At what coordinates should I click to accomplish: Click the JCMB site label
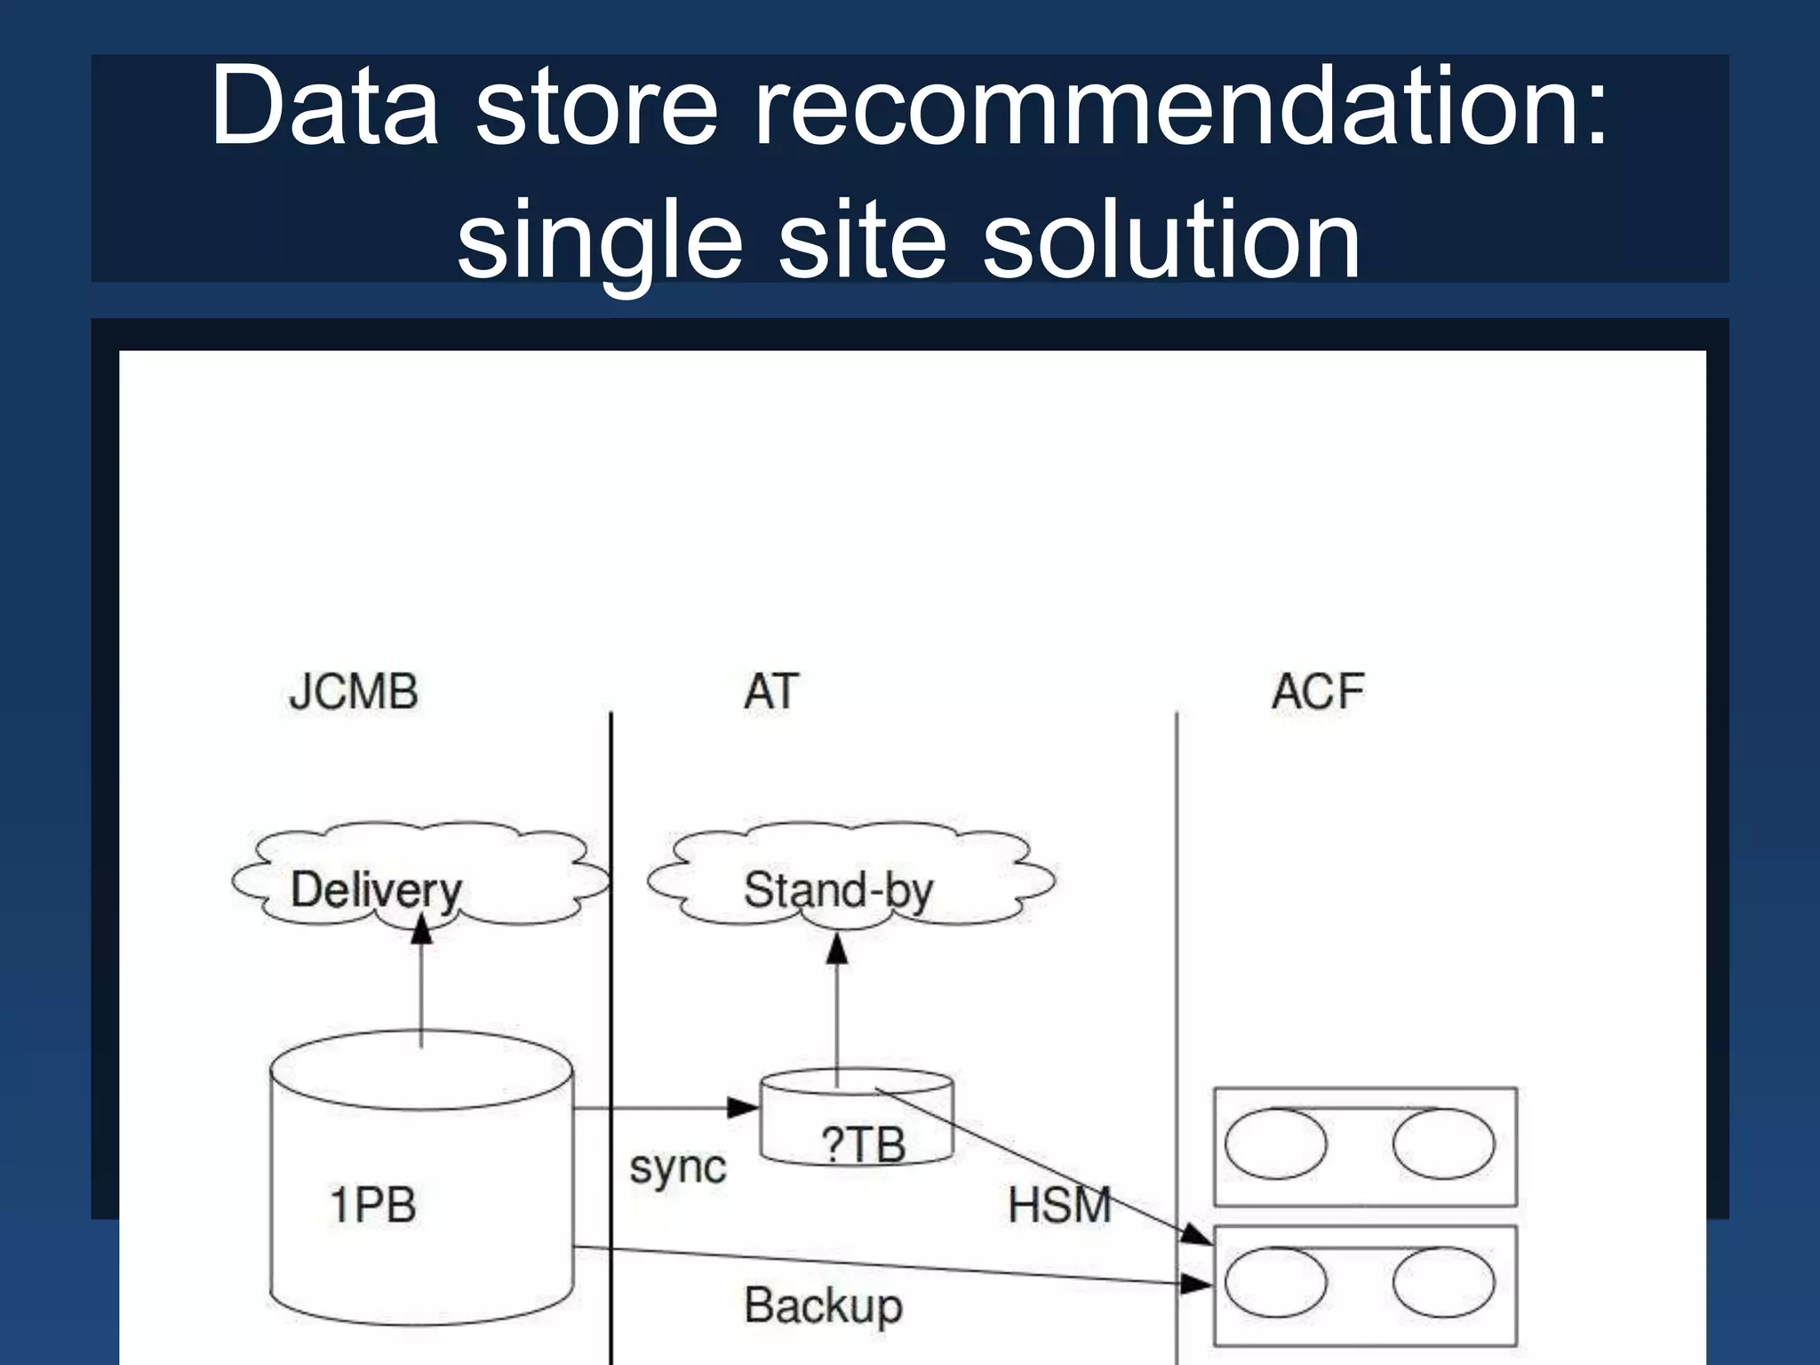click(353, 692)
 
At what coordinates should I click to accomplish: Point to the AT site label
click(770, 692)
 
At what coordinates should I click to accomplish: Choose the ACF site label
click(1317, 692)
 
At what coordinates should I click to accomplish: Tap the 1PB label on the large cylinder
click(372, 1206)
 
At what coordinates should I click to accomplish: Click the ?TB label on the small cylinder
click(863, 1145)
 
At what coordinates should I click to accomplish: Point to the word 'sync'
click(677, 1167)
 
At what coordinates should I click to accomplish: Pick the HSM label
click(1059, 1206)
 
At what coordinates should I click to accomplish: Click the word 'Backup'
click(823, 1305)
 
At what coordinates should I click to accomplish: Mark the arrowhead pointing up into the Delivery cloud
click(421, 930)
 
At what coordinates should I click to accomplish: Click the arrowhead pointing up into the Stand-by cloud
click(836, 949)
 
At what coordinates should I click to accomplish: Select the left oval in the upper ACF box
click(1275, 1144)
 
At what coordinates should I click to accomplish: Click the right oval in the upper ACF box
click(1443, 1144)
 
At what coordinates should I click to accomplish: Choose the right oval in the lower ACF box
click(1443, 1282)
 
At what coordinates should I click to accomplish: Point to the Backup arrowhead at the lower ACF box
click(1196, 1283)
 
